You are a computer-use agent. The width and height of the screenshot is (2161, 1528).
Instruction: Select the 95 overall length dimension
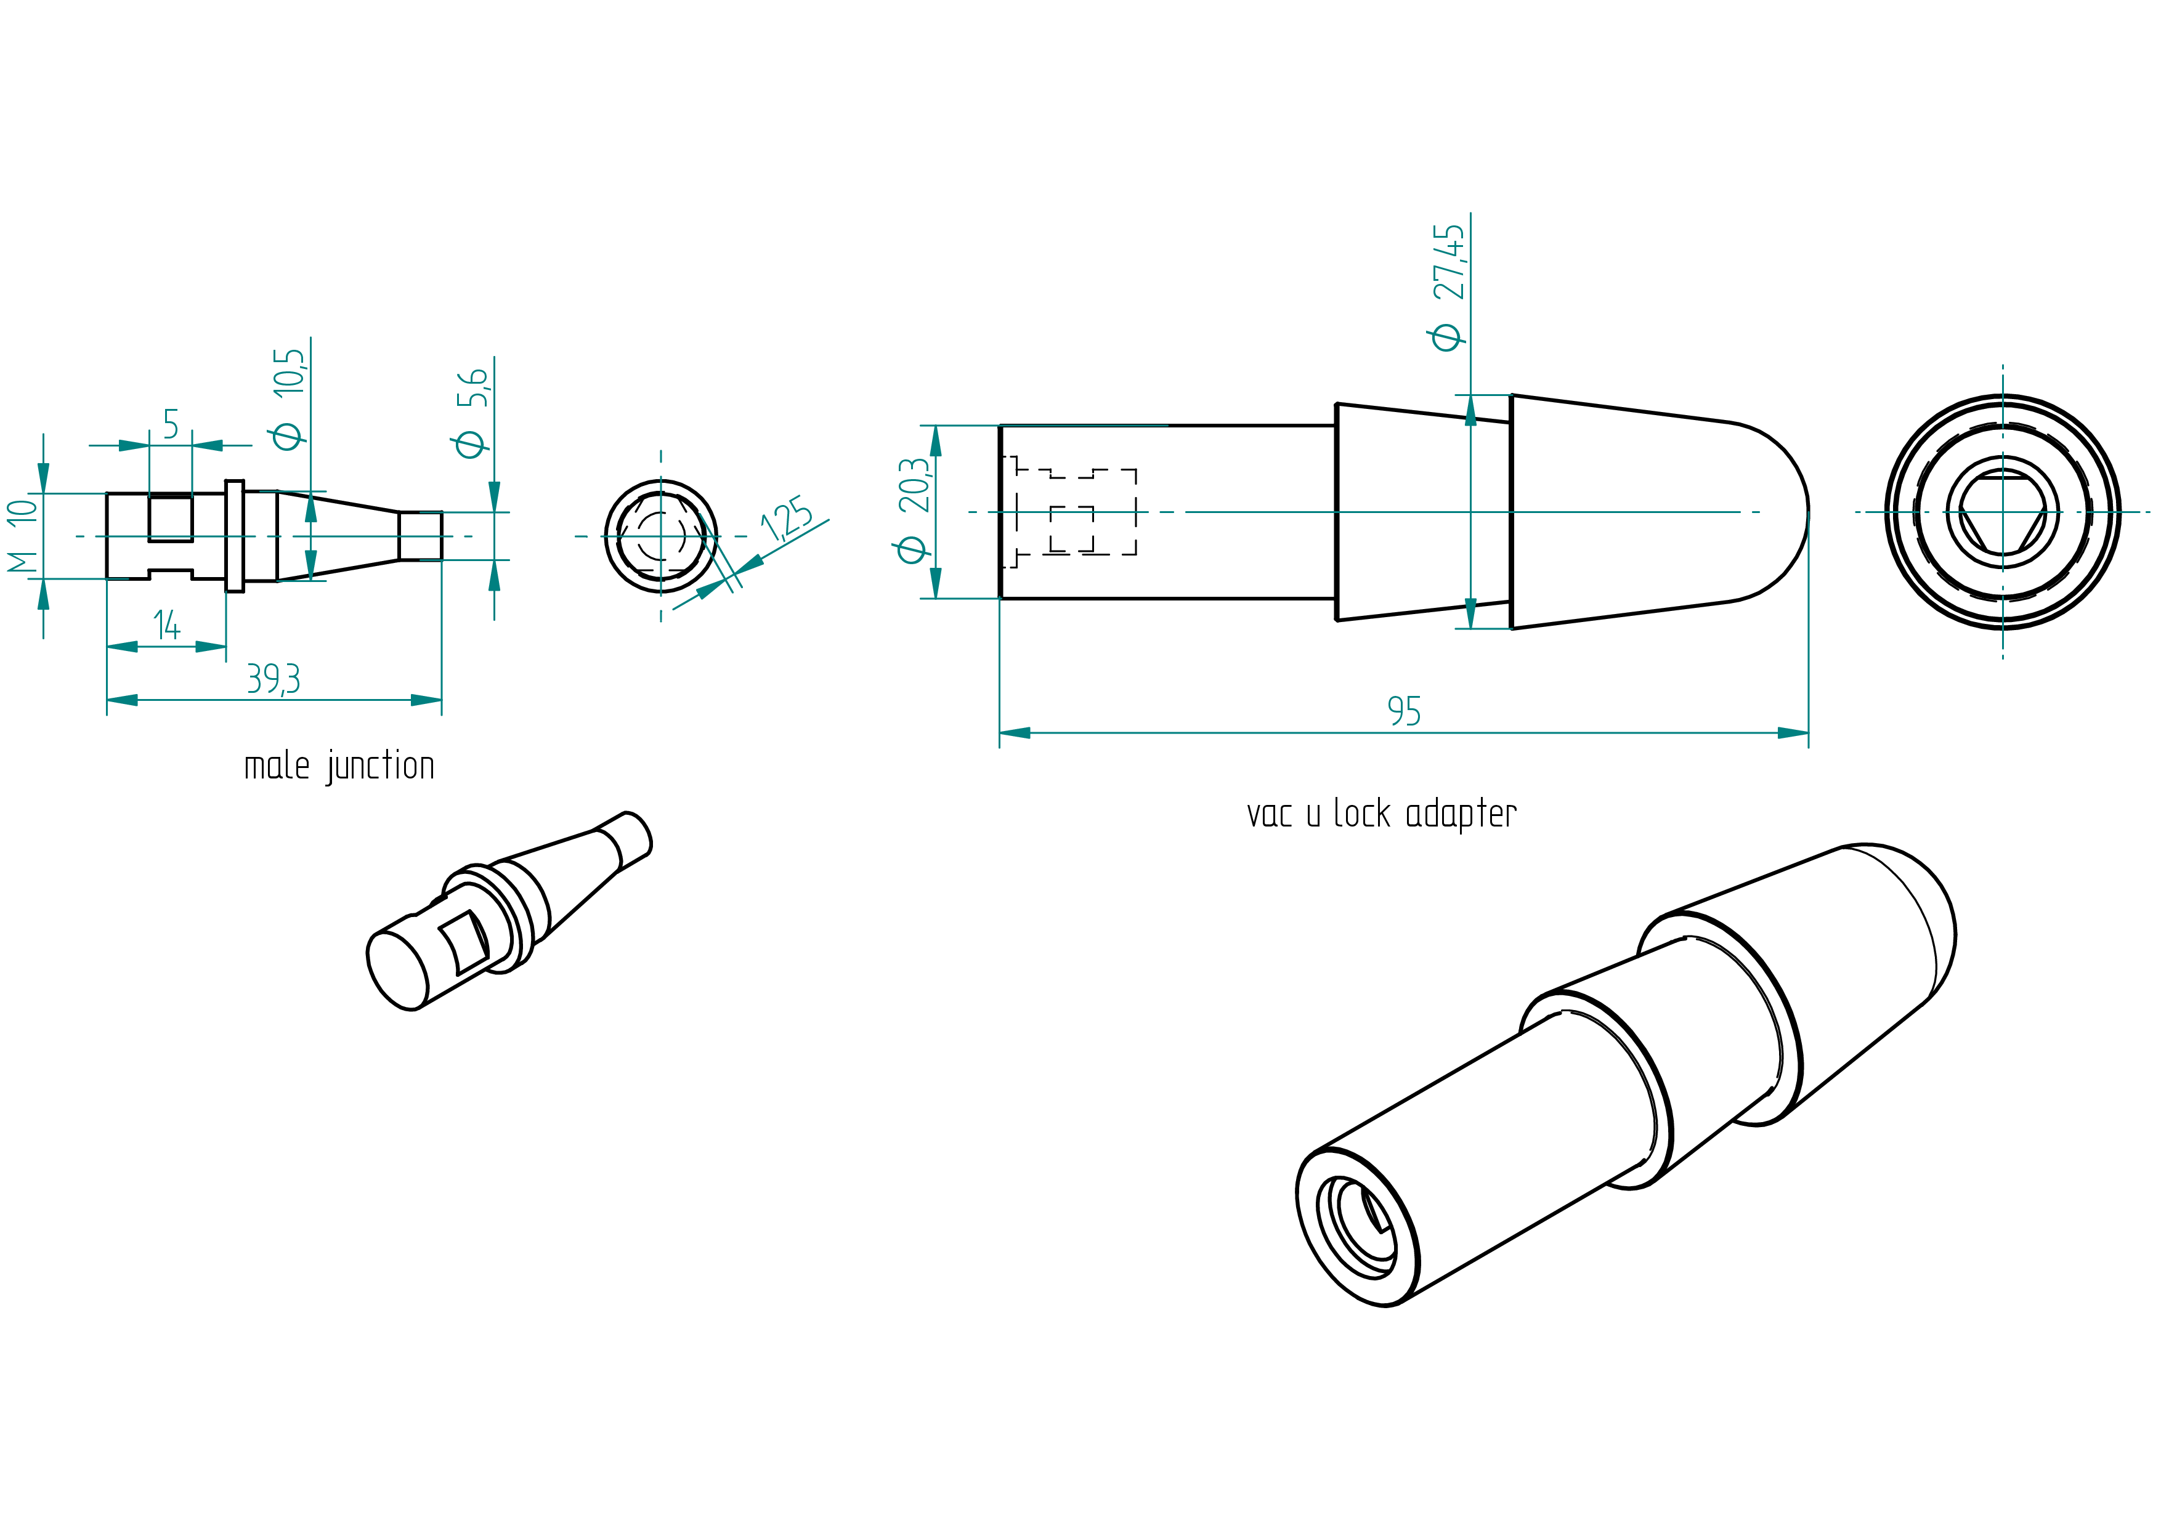pyautogui.click(x=1405, y=711)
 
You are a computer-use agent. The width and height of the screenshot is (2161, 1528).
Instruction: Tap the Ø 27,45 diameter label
pyautogui.click(x=1448, y=288)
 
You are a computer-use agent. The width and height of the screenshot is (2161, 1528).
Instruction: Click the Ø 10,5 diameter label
pyautogui.click(x=287, y=399)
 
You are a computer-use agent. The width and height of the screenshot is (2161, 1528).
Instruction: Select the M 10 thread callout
pyautogui.click(x=23, y=536)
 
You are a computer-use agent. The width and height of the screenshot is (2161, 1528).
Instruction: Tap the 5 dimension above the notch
pyautogui.click(x=171, y=424)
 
